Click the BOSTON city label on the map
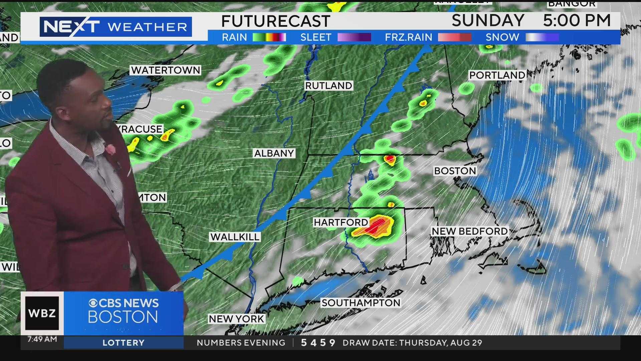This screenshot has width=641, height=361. (x=455, y=171)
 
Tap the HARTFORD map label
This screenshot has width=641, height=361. (x=341, y=222)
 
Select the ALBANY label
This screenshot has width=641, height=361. (x=274, y=153)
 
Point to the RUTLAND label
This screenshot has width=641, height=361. (x=329, y=86)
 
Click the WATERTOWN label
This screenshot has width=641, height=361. (x=166, y=70)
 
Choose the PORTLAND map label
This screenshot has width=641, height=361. (x=497, y=75)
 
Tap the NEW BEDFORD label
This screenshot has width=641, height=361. (x=469, y=231)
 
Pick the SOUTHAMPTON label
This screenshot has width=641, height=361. (x=361, y=303)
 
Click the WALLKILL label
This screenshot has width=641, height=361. (x=235, y=237)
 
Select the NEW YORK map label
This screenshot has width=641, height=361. (x=236, y=319)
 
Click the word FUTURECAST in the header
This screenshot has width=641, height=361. (x=275, y=21)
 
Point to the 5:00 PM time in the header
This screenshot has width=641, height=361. (x=577, y=21)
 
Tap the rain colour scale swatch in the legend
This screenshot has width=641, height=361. (x=269, y=37)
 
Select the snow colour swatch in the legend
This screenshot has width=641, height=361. (x=542, y=37)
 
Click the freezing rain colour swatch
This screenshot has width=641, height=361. (x=454, y=37)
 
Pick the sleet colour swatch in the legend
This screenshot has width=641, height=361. (x=354, y=37)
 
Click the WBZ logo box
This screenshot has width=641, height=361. (x=42, y=313)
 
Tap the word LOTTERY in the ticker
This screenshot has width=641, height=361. (x=123, y=343)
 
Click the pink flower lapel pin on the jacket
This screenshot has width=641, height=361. (x=111, y=149)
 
